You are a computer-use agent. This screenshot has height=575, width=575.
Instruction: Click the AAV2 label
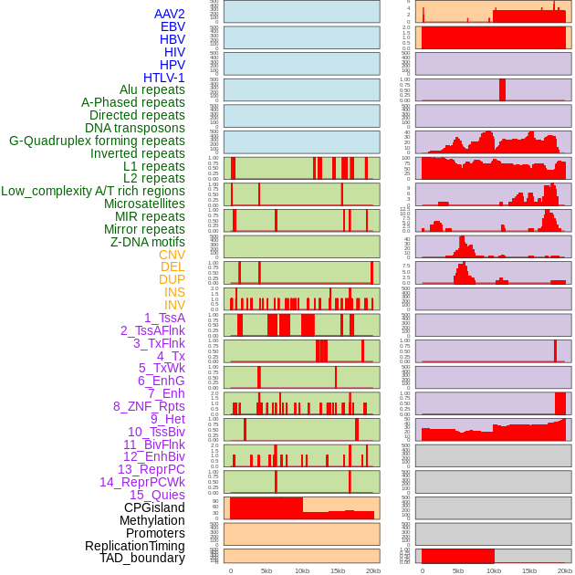click(x=169, y=14)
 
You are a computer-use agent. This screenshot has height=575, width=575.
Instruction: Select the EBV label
click(x=172, y=26)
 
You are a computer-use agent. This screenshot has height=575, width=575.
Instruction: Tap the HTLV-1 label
click(x=163, y=78)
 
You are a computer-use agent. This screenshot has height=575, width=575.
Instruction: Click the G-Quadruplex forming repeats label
click(x=97, y=141)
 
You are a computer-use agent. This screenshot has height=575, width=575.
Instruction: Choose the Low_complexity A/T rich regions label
click(x=93, y=191)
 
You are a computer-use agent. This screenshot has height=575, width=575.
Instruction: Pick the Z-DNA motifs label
click(x=147, y=242)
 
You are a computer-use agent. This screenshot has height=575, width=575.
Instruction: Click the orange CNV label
click(x=172, y=255)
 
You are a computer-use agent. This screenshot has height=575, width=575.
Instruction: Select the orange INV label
click(x=174, y=305)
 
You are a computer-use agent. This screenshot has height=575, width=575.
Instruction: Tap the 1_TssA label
click(x=164, y=318)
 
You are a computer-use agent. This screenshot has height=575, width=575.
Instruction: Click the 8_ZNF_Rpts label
click(x=149, y=406)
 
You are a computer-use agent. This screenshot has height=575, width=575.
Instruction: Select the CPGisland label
click(x=154, y=507)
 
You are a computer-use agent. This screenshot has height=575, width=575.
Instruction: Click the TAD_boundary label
click(x=142, y=558)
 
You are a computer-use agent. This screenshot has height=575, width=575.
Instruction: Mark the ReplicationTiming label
click(x=134, y=546)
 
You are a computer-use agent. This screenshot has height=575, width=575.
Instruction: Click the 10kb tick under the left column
click(x=302, y=570)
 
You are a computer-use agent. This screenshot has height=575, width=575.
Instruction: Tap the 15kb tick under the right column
click(x=529, y=570)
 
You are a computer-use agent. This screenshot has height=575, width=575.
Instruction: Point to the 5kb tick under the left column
click(x=267, y=570)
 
